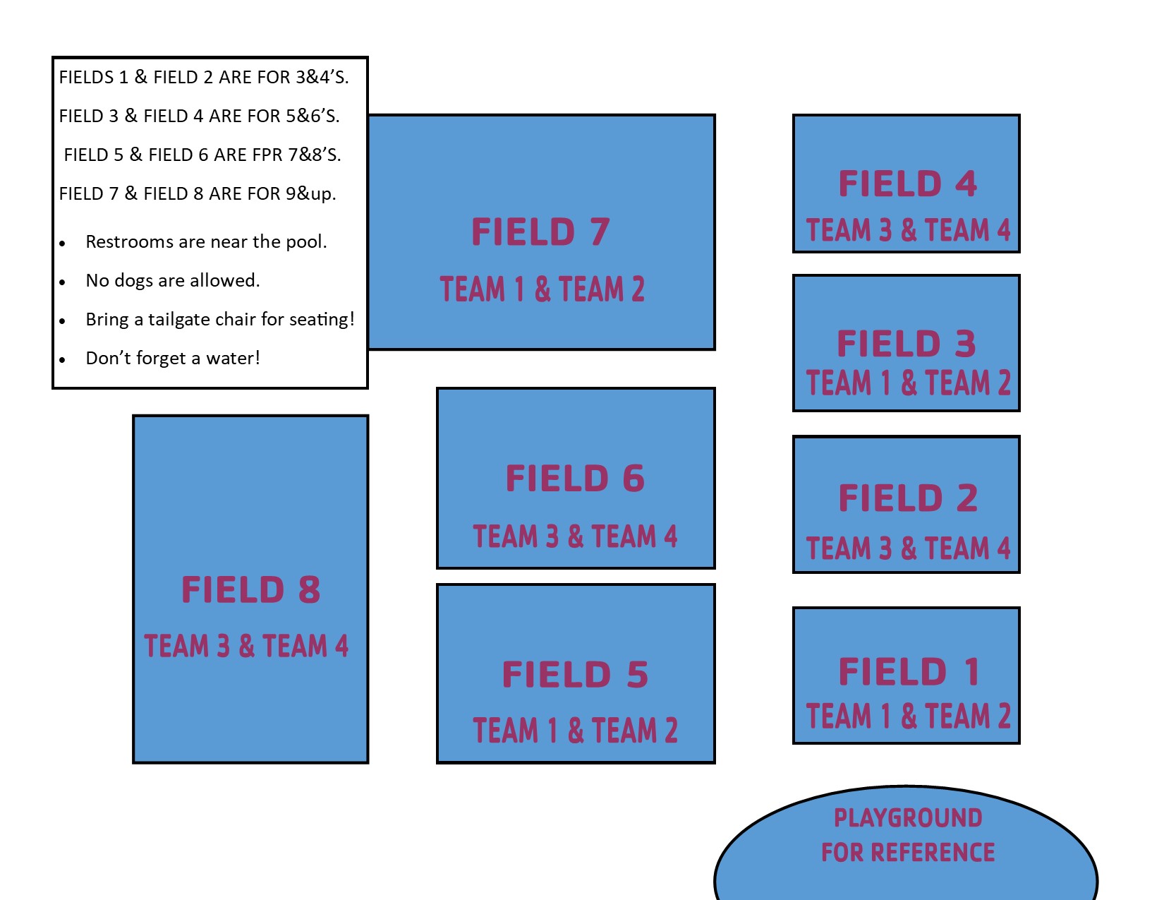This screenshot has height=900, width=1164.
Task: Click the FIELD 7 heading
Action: pos(540,232)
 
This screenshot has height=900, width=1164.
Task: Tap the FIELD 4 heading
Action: pos(907,184)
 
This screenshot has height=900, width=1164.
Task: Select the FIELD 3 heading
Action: pos(907,344)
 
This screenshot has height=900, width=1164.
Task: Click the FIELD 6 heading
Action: pos(575,479)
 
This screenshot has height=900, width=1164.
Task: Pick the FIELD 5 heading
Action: pos(575,675)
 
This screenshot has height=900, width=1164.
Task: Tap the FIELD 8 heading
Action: pos(250,590)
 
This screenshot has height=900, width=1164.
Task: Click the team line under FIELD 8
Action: pos(246,646)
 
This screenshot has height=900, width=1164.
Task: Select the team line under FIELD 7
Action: pos(542,289)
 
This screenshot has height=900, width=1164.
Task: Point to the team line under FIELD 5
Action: pos(575,731)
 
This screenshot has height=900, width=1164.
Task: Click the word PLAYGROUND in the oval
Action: pos(908,818)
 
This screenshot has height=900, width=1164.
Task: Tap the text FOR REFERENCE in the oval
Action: pos(908,853)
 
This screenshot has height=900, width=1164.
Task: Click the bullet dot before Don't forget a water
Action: pos(63,360)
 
